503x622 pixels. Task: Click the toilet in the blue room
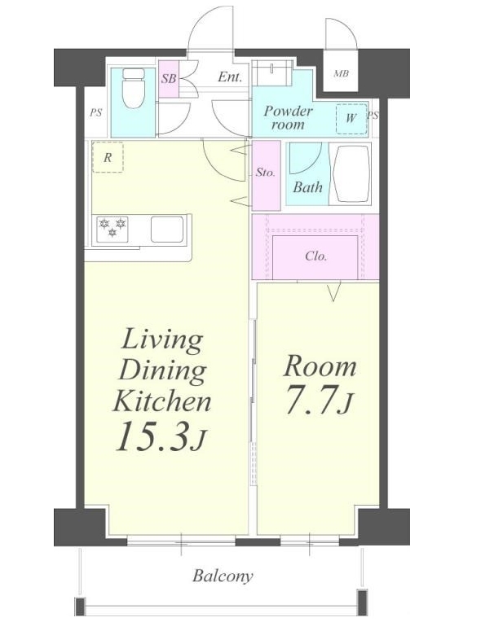pyautogui.click(x=133, y=88)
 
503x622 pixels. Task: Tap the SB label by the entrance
pyautogui.click(x=169, y=78)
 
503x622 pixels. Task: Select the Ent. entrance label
pyautogui.click(x=230, y=77)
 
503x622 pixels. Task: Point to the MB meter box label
pyautogui.click(x=342, y=73)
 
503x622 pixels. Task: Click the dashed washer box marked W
pyautogui.click(x=351, y=119)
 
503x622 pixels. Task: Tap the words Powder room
pyautogui.click(x=288, y=117)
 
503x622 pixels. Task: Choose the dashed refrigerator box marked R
pyautogui.click(x=108, y=156)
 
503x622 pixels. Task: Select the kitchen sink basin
pyautogui.click(x=167, y=230)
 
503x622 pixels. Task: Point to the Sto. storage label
pyautogui.click(x=266, y=173)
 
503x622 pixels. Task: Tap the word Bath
pyautogui.click(x=307, y=186)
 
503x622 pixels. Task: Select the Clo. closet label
pyautogui.click(x=315, y=256)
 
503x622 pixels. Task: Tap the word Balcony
pyautogui.click(x=223, y=576)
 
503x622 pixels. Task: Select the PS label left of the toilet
pyautogui.click(x=95, y=112)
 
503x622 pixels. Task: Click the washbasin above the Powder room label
pyautogui.click(x=272, y=72)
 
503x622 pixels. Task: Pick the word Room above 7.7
pyautogui.click(x=320, y=366)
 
